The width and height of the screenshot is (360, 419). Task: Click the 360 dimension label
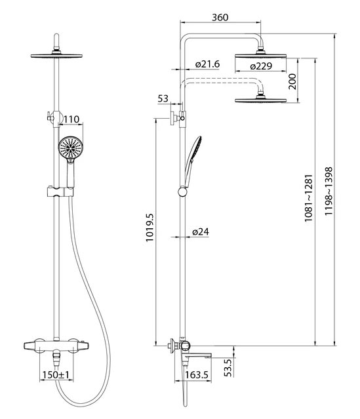220,17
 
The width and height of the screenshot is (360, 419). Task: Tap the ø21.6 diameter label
207,64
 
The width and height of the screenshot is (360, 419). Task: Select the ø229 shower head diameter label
261,66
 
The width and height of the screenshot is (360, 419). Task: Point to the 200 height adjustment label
292,81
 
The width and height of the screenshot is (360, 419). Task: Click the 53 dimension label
163,98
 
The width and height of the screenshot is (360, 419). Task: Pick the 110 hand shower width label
71,119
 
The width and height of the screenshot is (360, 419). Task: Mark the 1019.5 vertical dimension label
150,228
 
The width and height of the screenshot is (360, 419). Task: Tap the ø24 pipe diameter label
201,231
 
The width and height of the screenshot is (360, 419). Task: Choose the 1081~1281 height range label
308,198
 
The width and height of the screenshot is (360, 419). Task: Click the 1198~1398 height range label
329,191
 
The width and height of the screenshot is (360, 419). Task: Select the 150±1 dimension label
56,374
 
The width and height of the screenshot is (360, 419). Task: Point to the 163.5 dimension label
197,374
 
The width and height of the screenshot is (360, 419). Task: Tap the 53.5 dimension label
228,368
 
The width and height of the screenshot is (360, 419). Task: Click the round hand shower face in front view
71,148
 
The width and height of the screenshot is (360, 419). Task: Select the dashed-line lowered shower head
260,100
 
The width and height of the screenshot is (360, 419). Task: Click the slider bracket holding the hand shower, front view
60,191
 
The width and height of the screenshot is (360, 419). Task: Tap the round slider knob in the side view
183,191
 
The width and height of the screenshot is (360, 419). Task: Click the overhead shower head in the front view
56,56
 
